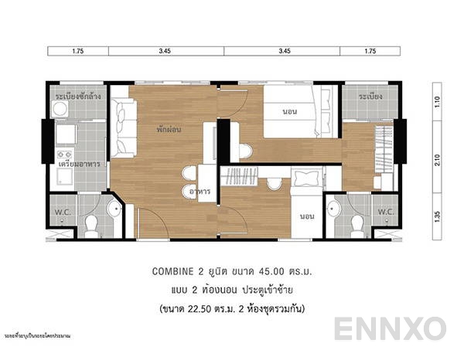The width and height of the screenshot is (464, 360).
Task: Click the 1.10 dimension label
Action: point(437,100)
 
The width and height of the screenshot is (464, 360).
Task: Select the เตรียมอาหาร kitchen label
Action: point(80,165)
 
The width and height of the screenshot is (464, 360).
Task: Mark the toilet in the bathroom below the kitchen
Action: point(90,224)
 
